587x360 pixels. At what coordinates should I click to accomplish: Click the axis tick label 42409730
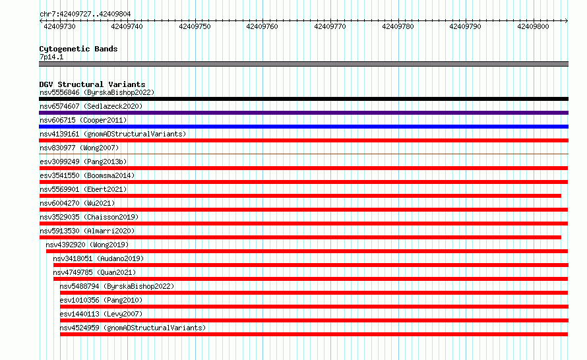pyautogui.click(x=59, y=26)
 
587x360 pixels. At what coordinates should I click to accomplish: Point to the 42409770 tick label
pyautogui.click(x=330, y=26)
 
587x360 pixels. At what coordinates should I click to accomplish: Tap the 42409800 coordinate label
pyautogui.click(x=533, y=26)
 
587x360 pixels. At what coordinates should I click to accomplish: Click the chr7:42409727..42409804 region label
pyautogui.click(x=85, y=15)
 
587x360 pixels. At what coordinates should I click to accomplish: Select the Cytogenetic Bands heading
pyautogui.click(x=78, y=49)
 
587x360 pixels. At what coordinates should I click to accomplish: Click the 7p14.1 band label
pyautogui.click(x=51, y=57)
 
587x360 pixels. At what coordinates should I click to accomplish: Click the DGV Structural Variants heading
pyautogui.click(x=92, y=84)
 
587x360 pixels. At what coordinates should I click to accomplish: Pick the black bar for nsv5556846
pyautogui.click(x=303, y=99)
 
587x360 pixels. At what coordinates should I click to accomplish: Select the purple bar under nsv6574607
pyautogui.click(x=303, y=113)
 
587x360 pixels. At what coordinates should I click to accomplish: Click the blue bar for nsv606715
pyautogui.click(x=303, y=127)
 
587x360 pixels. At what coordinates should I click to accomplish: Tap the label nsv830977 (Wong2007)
pyautogui.click(x=79, y=148)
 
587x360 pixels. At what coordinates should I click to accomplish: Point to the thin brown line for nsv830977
pyautogui.click(x=303, y=154)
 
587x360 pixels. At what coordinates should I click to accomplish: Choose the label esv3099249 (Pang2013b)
pyautogui.click(x=84, y=162)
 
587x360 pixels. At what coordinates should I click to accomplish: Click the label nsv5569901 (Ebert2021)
pyautogui.click(x=84, y=189)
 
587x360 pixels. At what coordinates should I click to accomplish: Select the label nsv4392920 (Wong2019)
pyautogui.click(x=87, y=245)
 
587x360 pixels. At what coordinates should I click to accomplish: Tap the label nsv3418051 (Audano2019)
pyautogui.click(x=98, y=258)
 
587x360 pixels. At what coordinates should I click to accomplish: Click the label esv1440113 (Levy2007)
pyautogui.click(x=101, y=314)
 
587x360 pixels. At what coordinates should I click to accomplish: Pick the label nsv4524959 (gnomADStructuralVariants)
pyautogui.click(x=133, y=328)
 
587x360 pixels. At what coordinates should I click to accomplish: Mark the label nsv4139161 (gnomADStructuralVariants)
pyautogui.click(x=113, y=134)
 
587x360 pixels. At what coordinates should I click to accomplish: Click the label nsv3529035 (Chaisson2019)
pyautogui.click(x=89, y=217)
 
